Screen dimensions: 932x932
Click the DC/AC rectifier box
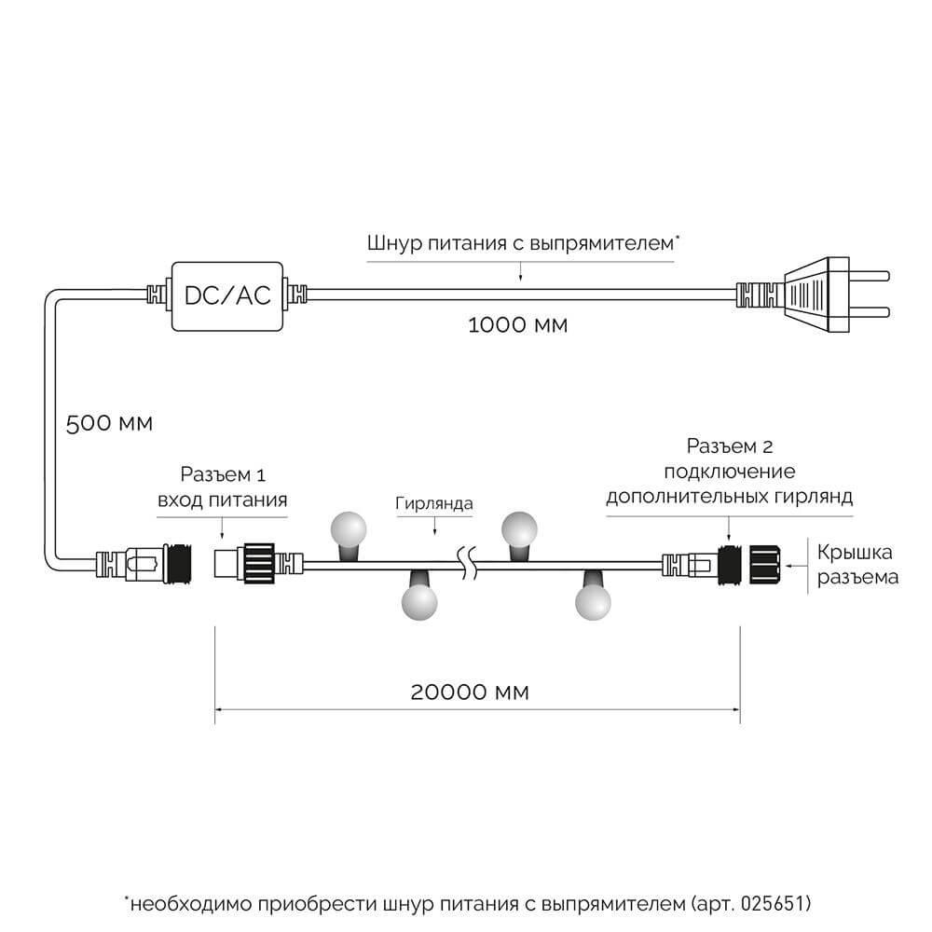[226, 295]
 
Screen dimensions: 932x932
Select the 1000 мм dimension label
[517, 326]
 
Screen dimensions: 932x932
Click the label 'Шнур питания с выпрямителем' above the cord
[520, 244]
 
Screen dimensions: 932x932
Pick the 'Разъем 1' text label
[221, 475]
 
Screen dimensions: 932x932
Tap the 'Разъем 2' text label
[729, 446]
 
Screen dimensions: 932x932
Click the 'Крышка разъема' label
[857, 563]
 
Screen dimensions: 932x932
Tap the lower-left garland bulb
[418, 602]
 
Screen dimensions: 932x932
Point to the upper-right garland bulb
[520, 528]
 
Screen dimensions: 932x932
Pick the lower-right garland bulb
[593, 602]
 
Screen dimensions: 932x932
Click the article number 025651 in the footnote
[773, 904]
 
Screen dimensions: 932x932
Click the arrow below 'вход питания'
[221, 528]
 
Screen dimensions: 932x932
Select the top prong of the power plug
[875, 277]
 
